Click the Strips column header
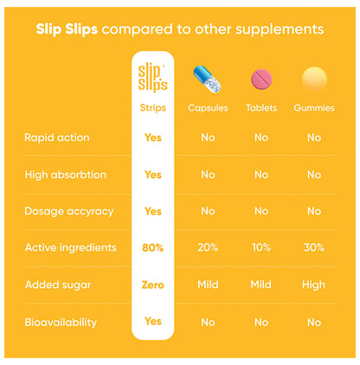(153, 108)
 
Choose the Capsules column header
(208, 108)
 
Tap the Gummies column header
(314, 108)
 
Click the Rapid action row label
(57, 138)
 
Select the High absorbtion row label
(66, 175)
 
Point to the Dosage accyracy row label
(67, 211)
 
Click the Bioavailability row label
(61, 322)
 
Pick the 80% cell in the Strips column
(153, 247)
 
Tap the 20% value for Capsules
(208, 247)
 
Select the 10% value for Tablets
(261, 247)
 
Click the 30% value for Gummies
(314, 247)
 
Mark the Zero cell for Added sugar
(153, 285)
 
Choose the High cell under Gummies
(314, 285)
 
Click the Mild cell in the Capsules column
(208, 285)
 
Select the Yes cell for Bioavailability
(153, 322)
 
